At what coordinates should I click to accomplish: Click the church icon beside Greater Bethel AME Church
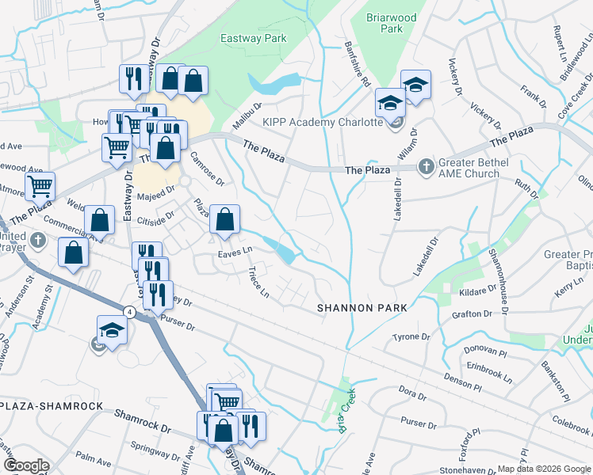coord(426,166)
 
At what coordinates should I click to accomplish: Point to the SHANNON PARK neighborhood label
coord(362,307)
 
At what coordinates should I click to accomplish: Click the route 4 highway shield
coord(129,311)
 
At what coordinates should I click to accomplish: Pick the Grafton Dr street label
coord(461,314)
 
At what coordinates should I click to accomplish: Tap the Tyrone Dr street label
coord(411,337)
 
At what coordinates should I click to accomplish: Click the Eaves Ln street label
coord(235,252)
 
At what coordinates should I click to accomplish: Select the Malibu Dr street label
coord(247,118)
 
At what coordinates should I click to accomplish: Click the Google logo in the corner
coord(27,465)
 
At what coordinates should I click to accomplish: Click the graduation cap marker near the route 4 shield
coord(112,331)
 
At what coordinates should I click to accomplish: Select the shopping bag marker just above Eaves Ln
coord(225,221)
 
